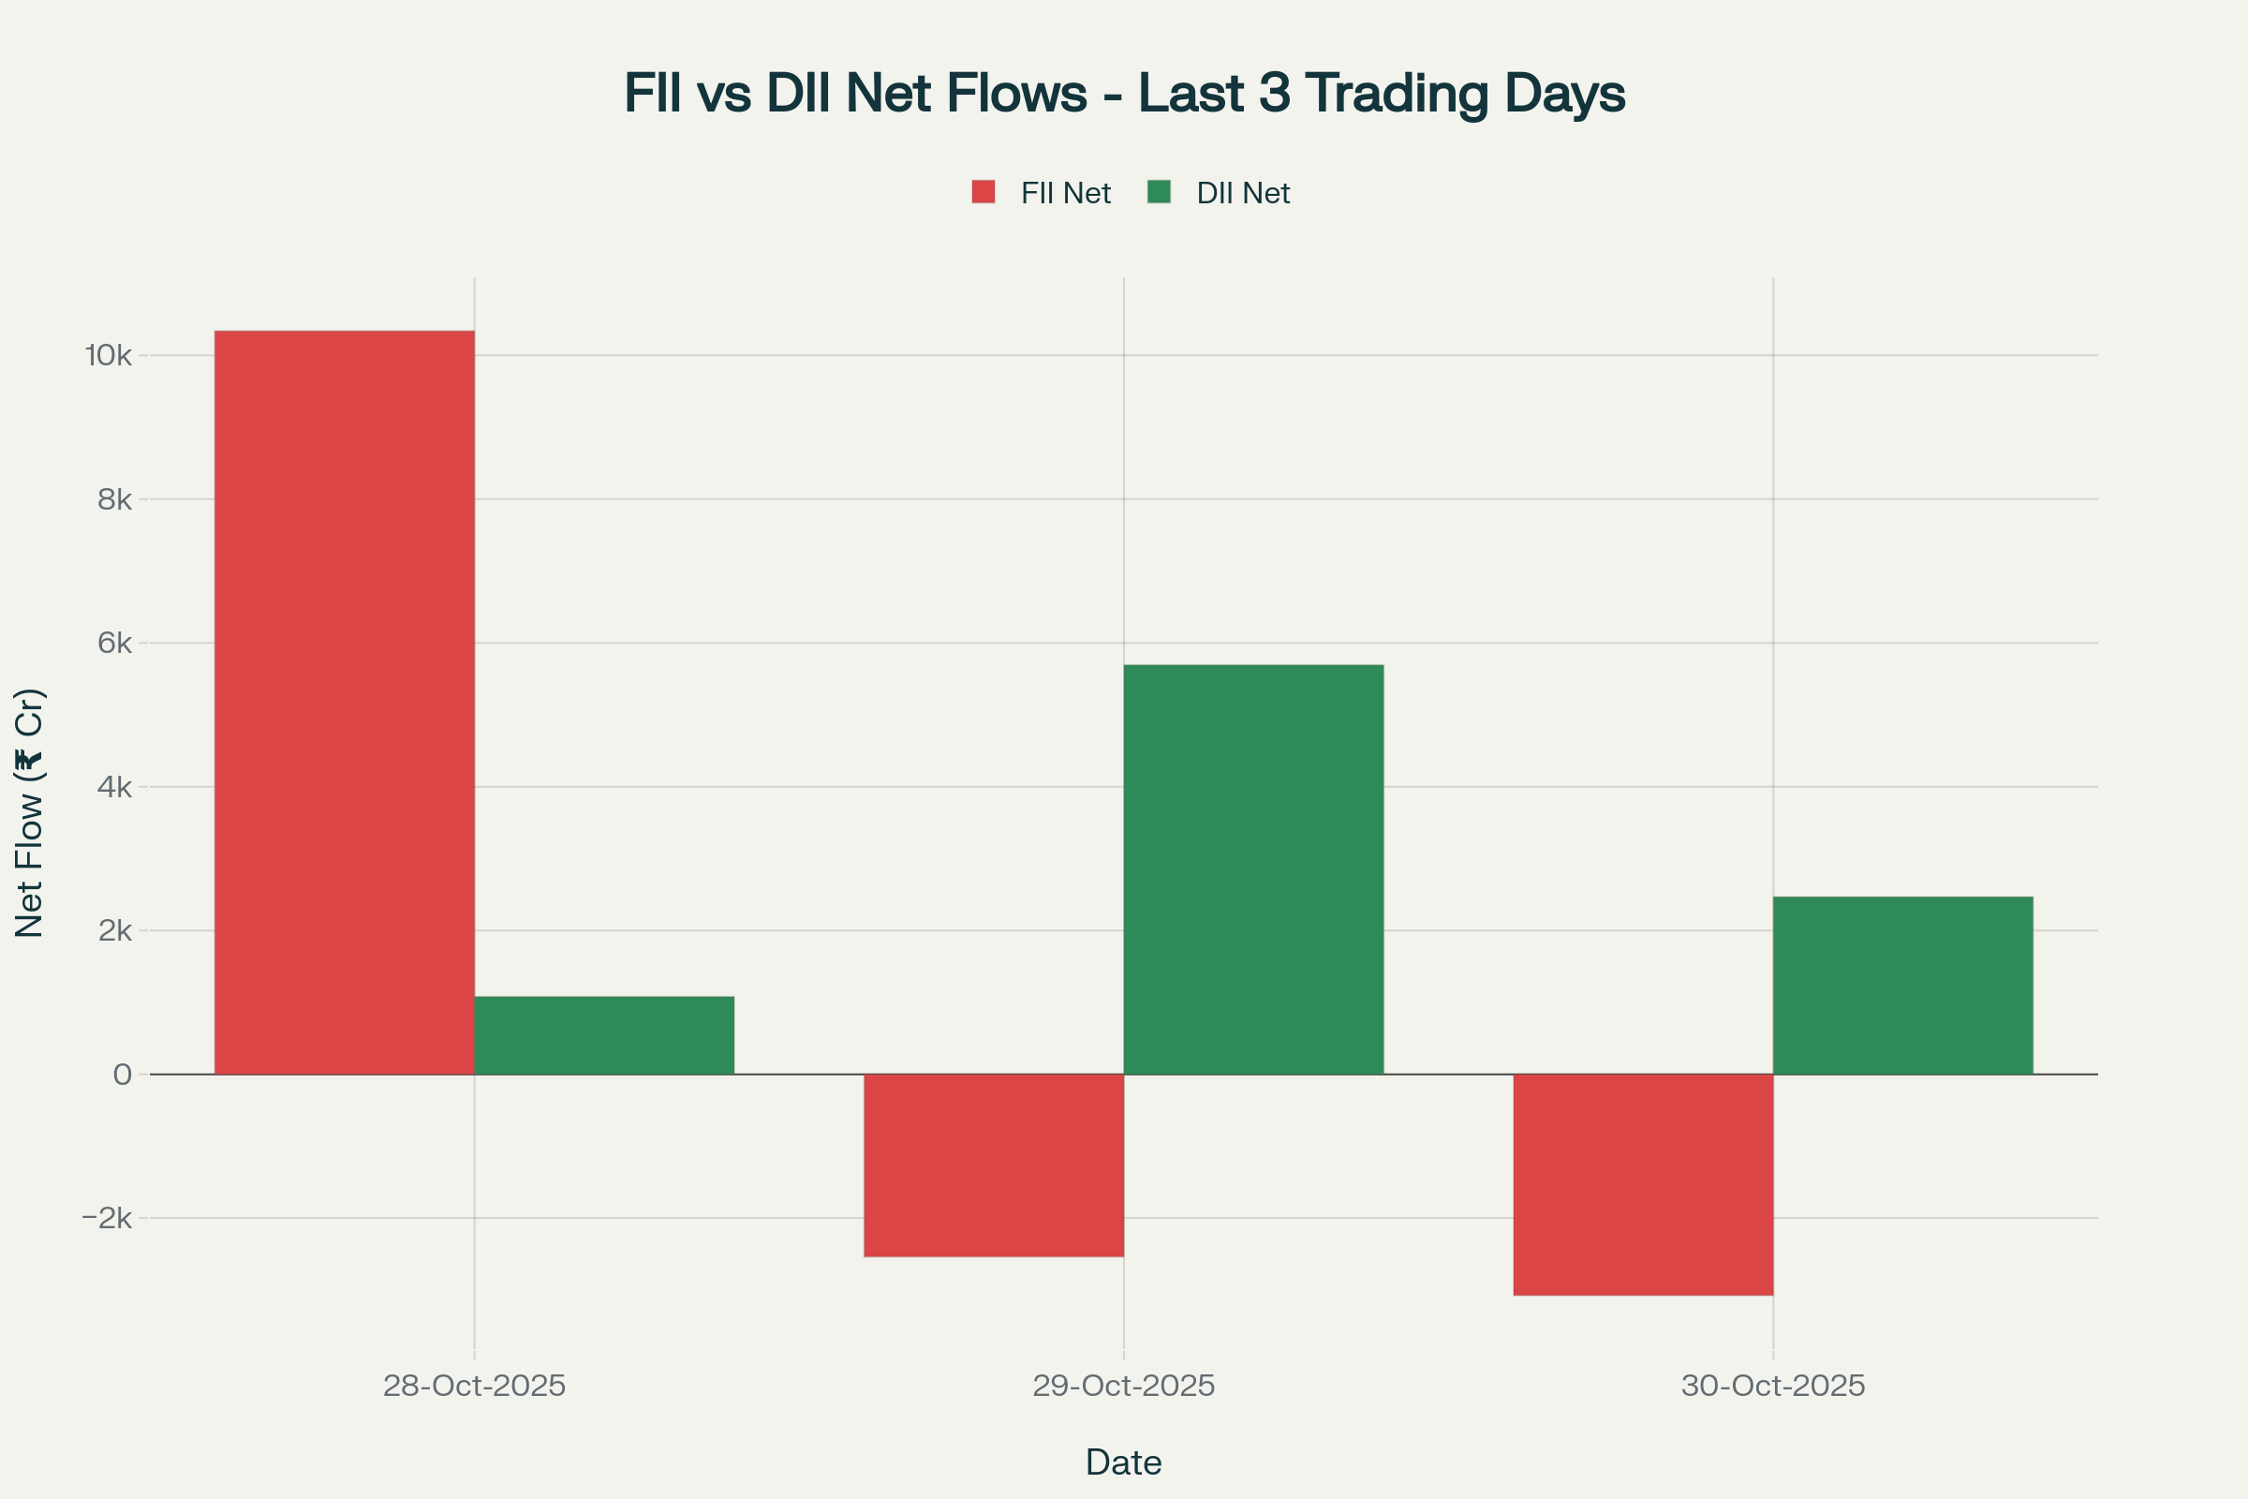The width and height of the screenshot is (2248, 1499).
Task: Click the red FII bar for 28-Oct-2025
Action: (x=344, y=703)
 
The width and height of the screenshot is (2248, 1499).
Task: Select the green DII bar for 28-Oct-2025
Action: (x=604, y=1035)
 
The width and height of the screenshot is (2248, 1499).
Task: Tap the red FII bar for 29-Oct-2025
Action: (x=993, y=1165)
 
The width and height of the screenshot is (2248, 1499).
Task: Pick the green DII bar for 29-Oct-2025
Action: (x=1253, y=869)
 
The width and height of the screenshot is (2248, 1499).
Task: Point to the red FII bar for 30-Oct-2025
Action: (x=1643, y=1184)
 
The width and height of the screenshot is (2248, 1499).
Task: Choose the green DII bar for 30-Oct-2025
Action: (x=1903, y=986)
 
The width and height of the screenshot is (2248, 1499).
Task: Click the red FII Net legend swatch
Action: (x=983, y=192)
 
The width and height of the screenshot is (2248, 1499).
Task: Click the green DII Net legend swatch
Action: (x=1159, y=192)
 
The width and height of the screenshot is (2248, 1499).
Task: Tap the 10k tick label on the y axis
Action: (x=109, y=356)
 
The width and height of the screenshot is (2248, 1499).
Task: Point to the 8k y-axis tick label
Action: (x=114, y=499)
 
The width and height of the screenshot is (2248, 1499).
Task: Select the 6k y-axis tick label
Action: (x=114, y=643)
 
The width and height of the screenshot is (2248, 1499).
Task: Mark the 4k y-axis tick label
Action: (x=114, y=787)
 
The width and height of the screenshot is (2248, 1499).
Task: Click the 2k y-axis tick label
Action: (x=114, y=930)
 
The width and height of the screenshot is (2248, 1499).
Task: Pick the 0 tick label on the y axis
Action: (x=123, y=1075)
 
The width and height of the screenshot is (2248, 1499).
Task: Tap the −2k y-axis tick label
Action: (x=107, y=1218)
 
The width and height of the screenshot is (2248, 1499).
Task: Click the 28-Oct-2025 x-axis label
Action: (x=474, y=1387)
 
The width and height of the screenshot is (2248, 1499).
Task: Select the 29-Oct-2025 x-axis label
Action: (x=1123, y=1387)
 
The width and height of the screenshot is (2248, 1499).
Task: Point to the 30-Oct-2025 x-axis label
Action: (x=1773, y=1387)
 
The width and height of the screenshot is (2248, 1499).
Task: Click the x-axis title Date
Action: (x=1123, y=1462)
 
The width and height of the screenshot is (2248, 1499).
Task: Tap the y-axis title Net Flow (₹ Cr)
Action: (x=30, y=812)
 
